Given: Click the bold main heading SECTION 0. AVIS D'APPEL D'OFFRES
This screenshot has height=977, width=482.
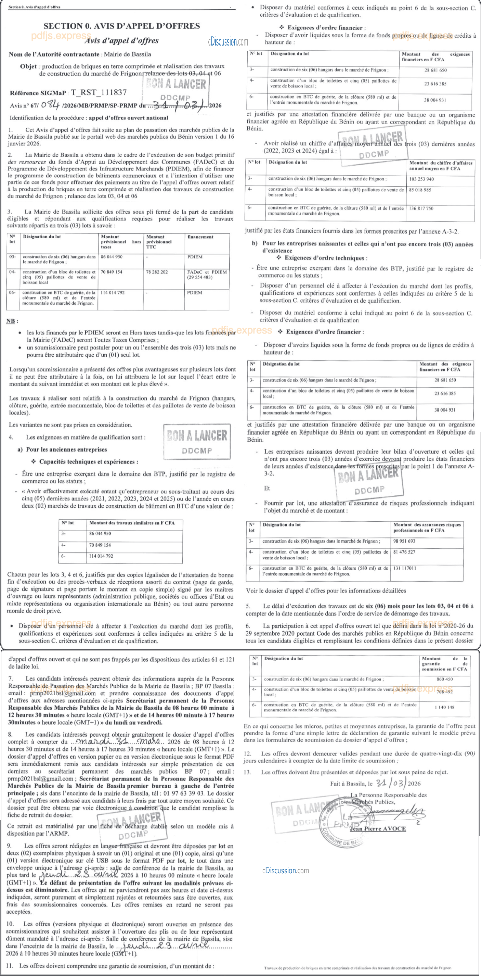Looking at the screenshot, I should click(122, 26).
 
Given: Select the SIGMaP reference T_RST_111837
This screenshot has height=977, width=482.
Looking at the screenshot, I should click(99, 92).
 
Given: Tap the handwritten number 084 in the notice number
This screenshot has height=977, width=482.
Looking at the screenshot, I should click(50, 105).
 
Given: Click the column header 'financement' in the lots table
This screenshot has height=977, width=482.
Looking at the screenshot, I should click(200, 237).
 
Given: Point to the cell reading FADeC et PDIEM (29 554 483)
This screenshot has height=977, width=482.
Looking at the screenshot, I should click(207, 275).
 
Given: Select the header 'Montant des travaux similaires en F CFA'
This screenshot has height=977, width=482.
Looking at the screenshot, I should click(132, 523).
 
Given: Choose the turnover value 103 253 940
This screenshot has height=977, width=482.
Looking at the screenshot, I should click(421, 179).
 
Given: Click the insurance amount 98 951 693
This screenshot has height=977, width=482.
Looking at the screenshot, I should click(404, 541).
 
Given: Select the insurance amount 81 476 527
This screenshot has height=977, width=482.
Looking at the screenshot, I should click(404, 552).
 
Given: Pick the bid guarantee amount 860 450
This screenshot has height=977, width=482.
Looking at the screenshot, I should click(445, 679).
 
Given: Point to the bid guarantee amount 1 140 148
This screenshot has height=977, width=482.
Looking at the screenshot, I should click(445, 707).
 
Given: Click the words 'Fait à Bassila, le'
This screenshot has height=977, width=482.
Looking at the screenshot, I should click(351, 784).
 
